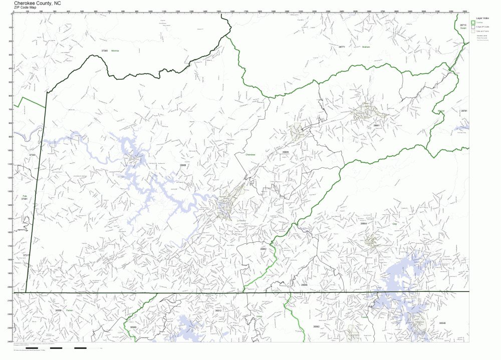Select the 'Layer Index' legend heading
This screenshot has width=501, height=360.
[x=483, y=17]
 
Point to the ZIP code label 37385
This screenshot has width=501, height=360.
[x=105, y=51]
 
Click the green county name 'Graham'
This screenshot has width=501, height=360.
[x=365, y=47]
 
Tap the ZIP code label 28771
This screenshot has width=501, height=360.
[x=342, y=47]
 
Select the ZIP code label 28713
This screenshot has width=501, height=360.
[x=463, y=25]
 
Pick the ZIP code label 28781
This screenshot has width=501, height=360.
[x=464, y=111]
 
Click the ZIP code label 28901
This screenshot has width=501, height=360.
[x=377, y=125]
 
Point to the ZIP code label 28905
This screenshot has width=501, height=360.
[x=286, y=152]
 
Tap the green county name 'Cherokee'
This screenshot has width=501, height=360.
[x=250, y=155]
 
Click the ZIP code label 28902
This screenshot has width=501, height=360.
[x=264, y=249]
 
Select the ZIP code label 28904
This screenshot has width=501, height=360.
[x=364, y=223]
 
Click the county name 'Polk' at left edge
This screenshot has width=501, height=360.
[x=24, y=196]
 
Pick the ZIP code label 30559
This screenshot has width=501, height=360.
[x=59, y=310]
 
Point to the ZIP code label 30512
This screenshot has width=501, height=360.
[x=218, y=310]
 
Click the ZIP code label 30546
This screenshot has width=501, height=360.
[x=442, y=323]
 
